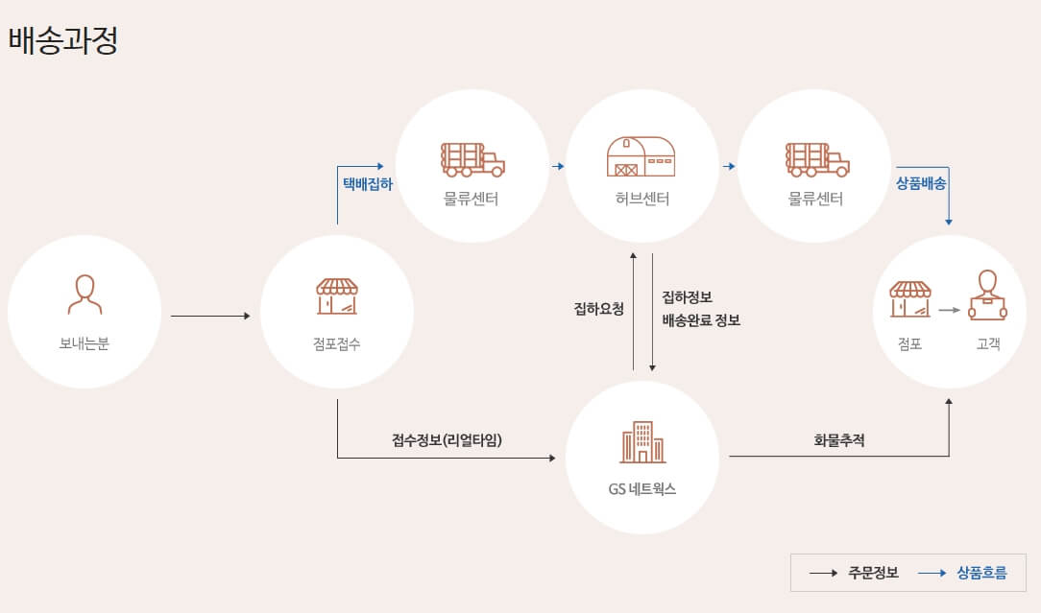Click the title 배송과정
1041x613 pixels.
pos(62,41)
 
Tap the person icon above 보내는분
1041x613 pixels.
pos(85,295)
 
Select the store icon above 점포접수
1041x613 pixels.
pos(337,296)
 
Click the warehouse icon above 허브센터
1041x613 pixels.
pos(641,156)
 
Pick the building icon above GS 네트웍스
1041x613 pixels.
pos(642,441)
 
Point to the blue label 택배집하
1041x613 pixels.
pos(368,182)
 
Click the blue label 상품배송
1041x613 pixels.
pos(922,182)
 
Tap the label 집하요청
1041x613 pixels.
pos(599,309)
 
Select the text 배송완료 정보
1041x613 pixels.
pos(701,320)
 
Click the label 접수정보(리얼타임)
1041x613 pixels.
pos(448,440)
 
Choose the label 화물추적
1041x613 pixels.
pos(839,440)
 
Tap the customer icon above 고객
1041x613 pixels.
pos(987,295)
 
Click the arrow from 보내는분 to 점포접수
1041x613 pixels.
pos(209,316)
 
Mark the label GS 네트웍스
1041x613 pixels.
pos(642,488)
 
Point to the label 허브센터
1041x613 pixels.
pos(642,200)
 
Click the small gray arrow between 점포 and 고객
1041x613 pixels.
pos(949,310)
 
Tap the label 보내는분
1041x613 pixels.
pos(85,343)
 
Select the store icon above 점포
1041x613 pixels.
pos(910,298)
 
